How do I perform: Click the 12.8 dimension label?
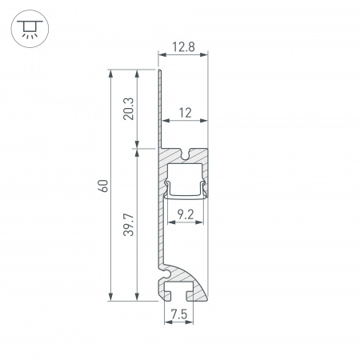pos(183,47)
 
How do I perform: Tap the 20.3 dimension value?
pos(129,109)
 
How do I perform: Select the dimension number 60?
pos(103,186)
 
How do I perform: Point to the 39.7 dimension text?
pos(129,225)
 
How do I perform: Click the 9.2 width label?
pos(186,214)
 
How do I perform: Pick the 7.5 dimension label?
pos(179,314)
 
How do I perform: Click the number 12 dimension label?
pos(185,113)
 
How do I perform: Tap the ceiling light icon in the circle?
pos(30,29)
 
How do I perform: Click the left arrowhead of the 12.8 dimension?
pos(162,54)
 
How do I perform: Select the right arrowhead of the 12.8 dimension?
pos(204,54)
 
